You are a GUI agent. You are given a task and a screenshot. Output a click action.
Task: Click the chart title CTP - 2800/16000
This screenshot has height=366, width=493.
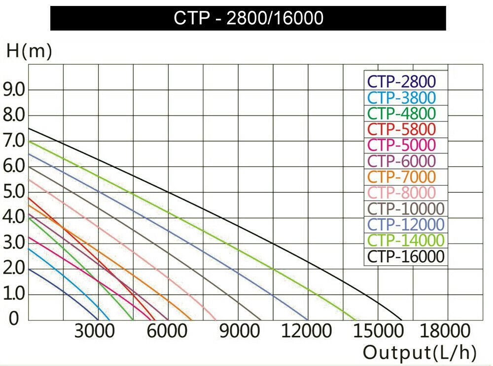point(248,18)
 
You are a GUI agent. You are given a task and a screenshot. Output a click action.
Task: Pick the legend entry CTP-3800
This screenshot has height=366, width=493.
point(401,97)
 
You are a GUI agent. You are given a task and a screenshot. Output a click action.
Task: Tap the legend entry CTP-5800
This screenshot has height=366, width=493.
point(401,129)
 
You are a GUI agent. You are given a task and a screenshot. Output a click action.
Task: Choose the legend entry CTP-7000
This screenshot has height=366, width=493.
point(401,176)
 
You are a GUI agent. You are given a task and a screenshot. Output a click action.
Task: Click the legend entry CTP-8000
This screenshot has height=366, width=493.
point(401,192)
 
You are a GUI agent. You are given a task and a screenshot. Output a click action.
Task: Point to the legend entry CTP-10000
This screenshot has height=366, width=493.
point(406,208)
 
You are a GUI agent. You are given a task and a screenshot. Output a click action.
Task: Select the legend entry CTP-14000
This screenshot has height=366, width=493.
point(406,240)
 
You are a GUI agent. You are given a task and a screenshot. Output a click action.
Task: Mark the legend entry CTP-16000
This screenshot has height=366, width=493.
point(406,256)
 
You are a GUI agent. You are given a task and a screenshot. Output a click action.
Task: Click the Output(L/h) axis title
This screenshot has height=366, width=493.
point(420,353)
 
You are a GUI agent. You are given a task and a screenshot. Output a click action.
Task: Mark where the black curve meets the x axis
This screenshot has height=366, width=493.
point(402,320)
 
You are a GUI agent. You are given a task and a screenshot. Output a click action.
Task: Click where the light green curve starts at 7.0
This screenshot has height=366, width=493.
point(29,141)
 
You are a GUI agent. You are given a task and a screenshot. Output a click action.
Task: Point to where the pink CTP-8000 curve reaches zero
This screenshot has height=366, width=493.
point(216,320)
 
